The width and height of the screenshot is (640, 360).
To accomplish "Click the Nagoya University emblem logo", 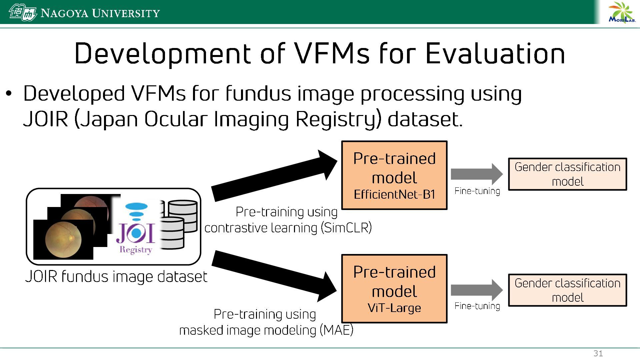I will [x=22, y=13].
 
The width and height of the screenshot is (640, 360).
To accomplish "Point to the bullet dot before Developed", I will [x=9, y=94].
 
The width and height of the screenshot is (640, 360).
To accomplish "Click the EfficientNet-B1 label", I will [x=394, y=194].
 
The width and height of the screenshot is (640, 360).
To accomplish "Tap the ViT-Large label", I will [x=394, y=308].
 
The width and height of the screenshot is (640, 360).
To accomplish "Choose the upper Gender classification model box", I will [x=567, y=174].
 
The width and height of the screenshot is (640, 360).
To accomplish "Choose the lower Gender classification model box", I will [x=567, y=290].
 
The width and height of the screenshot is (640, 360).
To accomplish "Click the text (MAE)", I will [x=336, y=330].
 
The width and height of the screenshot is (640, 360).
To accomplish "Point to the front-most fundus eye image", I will [x=63, y=239].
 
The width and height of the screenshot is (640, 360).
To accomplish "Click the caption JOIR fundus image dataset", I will [x=116, y=277].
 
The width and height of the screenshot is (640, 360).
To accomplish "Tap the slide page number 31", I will [x=598, y=354].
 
